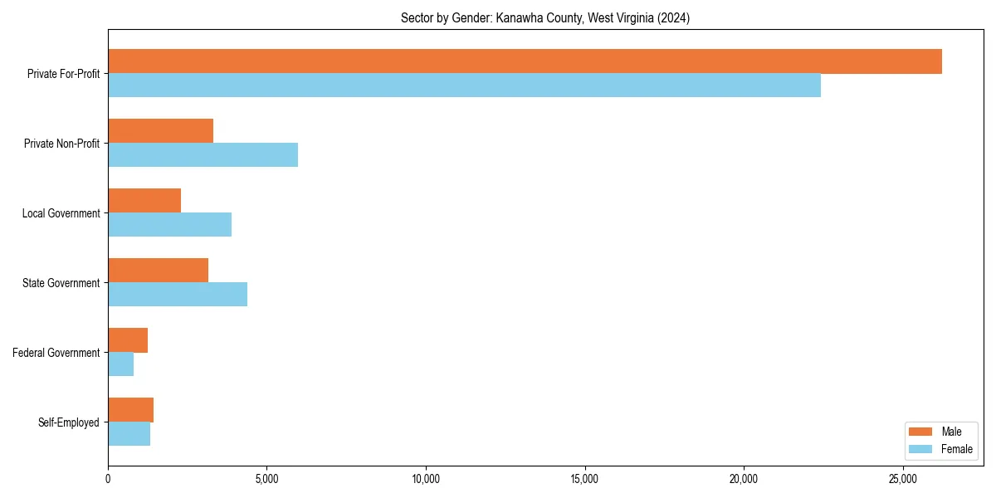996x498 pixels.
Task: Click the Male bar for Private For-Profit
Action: click(x=525, y=61)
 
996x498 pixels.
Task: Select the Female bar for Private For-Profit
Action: click(x=464, y=85)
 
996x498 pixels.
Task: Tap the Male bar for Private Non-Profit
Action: click(x=160, y=131)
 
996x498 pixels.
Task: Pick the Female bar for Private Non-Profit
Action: click(x=203, y=155)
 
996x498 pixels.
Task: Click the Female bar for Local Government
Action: click(x=169, y=225)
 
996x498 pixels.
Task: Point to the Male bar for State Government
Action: click(x=158, y=271)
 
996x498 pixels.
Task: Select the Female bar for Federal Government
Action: click(x=120, y=364)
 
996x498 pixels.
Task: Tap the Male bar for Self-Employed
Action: click(x=130, y=410)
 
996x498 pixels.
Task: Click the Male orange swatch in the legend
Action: click(x=921, y=432)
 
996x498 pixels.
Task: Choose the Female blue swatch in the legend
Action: click(x=921, y=449)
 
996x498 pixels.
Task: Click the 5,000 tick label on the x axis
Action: click(x=266, y=479)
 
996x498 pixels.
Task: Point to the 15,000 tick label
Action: click(x=584, y=479)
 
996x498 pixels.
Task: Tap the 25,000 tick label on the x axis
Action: click(x=903, y=479)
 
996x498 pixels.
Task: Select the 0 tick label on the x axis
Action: click(x=108, y=479)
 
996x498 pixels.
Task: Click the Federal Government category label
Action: click(x=56, y=353)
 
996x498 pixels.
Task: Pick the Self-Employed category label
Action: click(x=69, y=422)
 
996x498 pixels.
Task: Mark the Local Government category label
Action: click(x=61, y=213)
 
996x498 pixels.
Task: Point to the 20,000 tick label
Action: click(x=744, y=479)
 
